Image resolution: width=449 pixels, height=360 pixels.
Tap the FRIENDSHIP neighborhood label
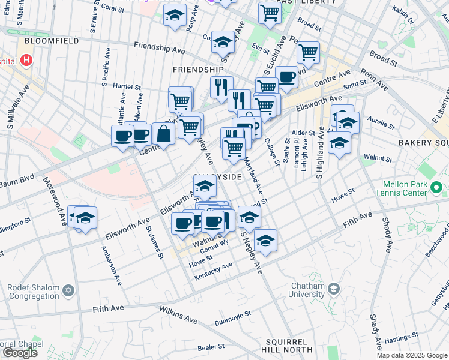(x=198, y=70)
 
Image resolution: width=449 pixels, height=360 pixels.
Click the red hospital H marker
(x=26, y=61)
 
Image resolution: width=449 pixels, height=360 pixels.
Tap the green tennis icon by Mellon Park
(x=438, y=190)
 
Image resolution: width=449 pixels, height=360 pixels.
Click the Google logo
(x=20, y=352)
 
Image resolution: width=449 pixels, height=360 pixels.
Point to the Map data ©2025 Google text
(x=411, y=355)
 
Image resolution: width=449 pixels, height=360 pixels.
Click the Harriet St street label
(x=126, y=86)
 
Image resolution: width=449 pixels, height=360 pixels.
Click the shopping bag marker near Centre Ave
(x=163, y=134)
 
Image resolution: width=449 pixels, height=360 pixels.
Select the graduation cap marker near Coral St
(x=175, y=16)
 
